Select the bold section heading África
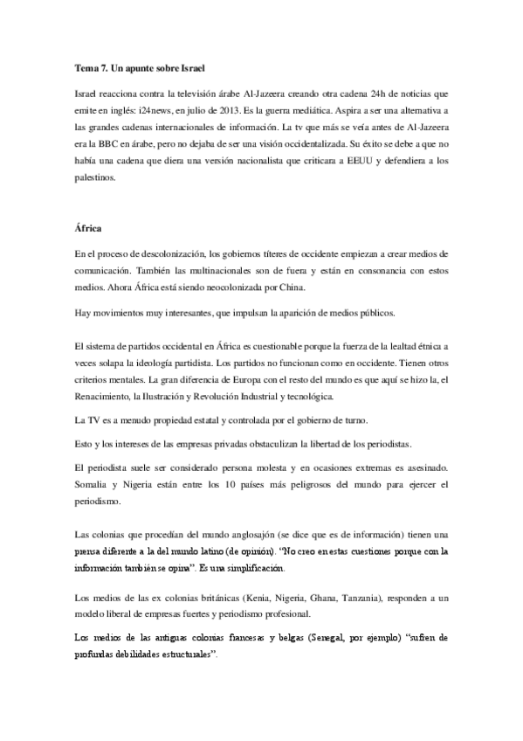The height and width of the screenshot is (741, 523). point(89,229)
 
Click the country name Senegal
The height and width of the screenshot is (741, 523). point(322,638)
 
